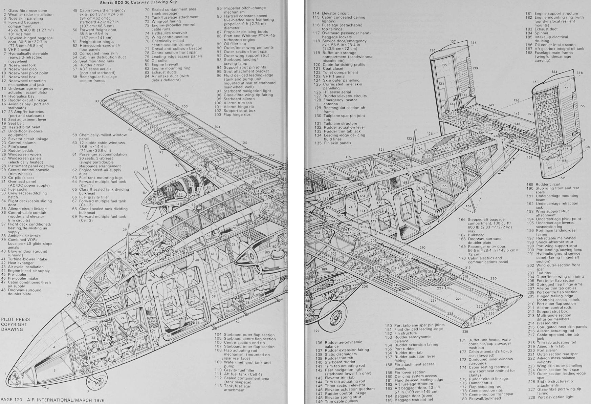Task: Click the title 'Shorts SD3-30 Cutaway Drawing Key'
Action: pos(143,2)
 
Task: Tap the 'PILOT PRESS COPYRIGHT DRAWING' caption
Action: pos(15,324)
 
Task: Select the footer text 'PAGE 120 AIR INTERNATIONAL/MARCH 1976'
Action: pos(53,400)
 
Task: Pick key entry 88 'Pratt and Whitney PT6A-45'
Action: pos(249,36)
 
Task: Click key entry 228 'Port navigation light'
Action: pos(555,397)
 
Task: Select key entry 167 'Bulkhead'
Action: pos(476,235)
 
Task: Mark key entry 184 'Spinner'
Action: pos(541,33)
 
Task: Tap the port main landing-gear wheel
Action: pos(335,317)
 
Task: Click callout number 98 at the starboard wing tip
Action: pos(117,90)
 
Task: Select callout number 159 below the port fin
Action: pos(552,178)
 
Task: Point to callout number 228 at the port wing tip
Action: pos(465,332)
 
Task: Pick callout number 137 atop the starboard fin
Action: pos(453,42)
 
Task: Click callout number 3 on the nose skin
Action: pos(32,336)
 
